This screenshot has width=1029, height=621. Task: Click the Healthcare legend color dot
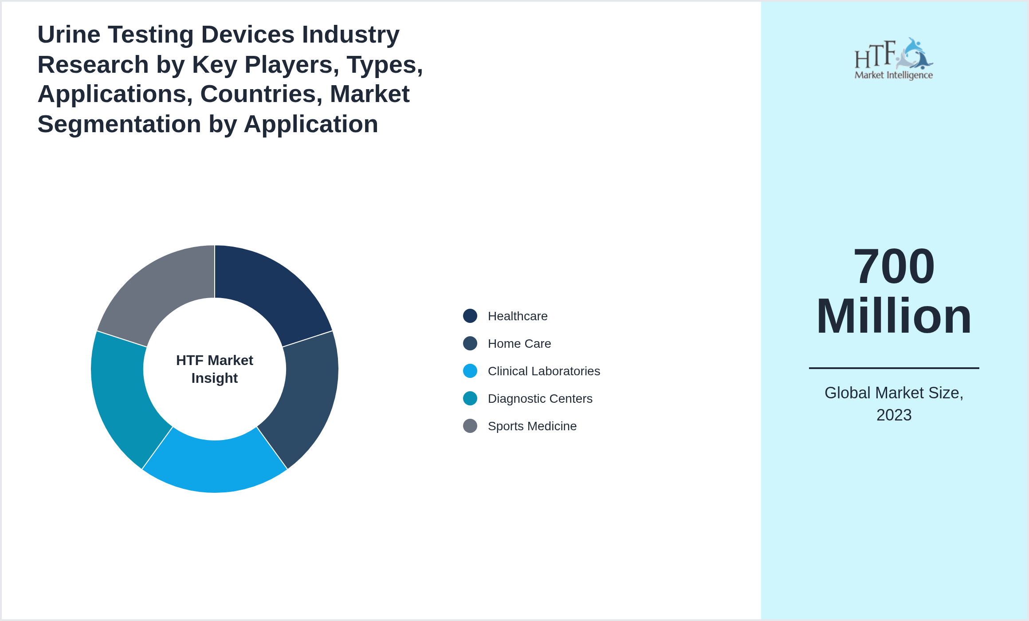coord(470,316)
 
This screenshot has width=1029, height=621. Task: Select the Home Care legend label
coord(519,343)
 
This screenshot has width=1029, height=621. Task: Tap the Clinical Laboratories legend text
coord(543,371)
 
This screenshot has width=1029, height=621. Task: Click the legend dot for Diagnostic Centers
coord(470,398)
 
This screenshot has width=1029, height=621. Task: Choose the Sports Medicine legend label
coord(532,426)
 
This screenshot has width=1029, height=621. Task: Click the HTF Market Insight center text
coord(215,369)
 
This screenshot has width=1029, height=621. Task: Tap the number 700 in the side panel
coord(894,266)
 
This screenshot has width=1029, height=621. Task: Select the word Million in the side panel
coord(894,316)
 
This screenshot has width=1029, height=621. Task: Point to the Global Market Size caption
coord(894,393)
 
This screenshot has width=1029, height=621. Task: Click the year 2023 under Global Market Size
coord(894,415)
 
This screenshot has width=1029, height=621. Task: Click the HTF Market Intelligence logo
coord(894,59)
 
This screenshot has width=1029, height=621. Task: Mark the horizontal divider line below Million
coord(894,368)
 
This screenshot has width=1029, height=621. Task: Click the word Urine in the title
coord(69,35)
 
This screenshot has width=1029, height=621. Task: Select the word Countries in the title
coord(261,94)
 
